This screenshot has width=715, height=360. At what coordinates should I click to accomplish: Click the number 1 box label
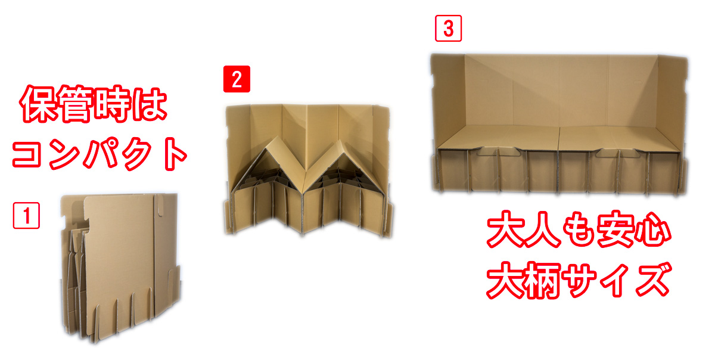click(x=26, y=215)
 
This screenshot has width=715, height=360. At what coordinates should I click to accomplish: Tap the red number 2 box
click(x=237, y=79)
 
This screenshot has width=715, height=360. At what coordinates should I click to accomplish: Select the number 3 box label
click(x=449, y=28)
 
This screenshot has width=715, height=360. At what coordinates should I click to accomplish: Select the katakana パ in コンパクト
click(x=101, y=153)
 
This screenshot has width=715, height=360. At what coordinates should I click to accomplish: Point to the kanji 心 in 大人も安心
click(x=653, y=229)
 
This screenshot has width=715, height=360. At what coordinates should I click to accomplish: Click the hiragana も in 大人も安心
click(x=579, y=229)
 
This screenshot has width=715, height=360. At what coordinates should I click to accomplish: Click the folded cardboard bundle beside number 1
click(x=120, y=268)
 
